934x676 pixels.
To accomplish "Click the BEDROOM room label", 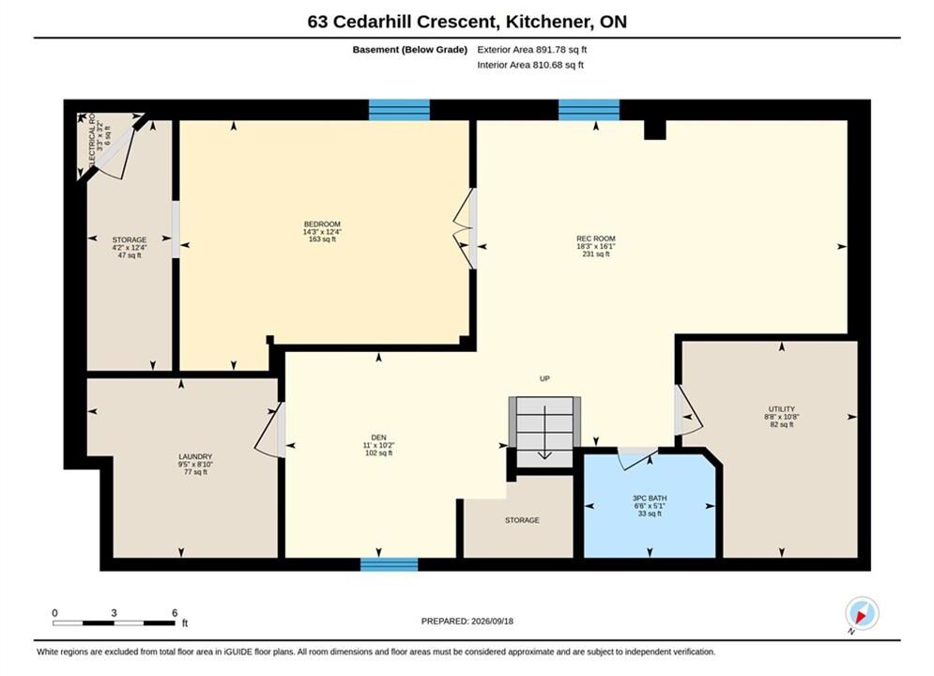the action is pos(322,224).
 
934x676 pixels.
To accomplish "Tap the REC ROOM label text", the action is pos(596,238).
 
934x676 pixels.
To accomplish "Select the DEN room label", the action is pos(379,438).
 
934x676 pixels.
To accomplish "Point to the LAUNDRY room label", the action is pos(195,456).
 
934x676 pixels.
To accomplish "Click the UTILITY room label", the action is pos(782,409).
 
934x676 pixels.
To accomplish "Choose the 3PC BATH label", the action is pos(650,498).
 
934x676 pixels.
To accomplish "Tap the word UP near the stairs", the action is pos(544,378).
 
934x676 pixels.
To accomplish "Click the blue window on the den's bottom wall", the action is pos(389,564).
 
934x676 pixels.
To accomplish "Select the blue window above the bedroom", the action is pos(399,110).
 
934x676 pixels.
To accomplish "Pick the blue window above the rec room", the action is pos(589,110).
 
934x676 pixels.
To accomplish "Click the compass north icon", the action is pos(862,613).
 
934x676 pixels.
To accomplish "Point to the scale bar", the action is pos(114,623).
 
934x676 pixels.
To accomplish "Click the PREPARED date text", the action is pos(467,621).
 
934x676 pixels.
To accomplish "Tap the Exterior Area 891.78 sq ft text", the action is pos(532,50).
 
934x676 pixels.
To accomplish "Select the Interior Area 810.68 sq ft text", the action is pos(530,65).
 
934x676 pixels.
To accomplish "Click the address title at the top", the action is pos(467,22).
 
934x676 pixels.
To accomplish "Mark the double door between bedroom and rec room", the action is pos(465,229).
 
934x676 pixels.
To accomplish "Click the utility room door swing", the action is pos(689,411).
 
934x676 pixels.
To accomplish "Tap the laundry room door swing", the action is pos(269,430).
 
